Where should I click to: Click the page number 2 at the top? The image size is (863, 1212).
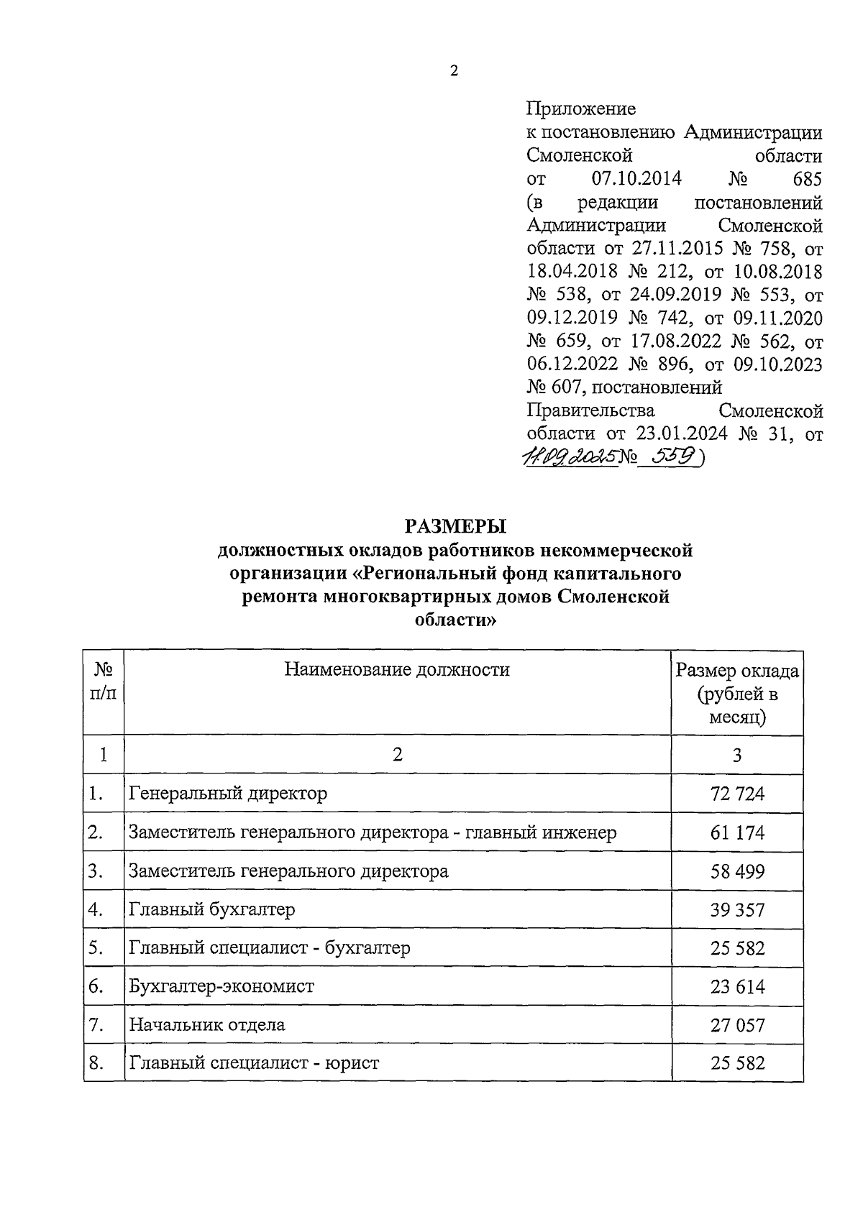(452, 70)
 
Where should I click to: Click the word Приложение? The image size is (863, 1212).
(581, 109)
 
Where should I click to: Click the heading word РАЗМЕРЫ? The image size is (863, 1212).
(455, 527)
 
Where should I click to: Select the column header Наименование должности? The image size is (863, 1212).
(397, 670)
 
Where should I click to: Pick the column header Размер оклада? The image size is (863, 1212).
(736, 671)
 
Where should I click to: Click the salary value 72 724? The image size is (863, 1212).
(737, 794)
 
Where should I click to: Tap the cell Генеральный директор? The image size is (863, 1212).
(228, 794)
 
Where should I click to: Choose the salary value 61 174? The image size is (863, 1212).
(737, 833)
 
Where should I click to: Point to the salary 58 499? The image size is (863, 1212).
(737, 871)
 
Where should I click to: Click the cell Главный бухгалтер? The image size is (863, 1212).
(212, 909)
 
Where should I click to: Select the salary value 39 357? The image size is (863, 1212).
(737, 910)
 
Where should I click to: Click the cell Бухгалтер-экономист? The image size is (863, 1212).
(222, 986)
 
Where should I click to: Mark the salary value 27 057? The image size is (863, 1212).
(737, 1025)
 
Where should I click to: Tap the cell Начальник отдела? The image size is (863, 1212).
(207, 1024)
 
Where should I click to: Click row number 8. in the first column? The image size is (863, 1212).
(96, 1062)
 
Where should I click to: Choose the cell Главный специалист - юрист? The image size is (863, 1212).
(254, 1062)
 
